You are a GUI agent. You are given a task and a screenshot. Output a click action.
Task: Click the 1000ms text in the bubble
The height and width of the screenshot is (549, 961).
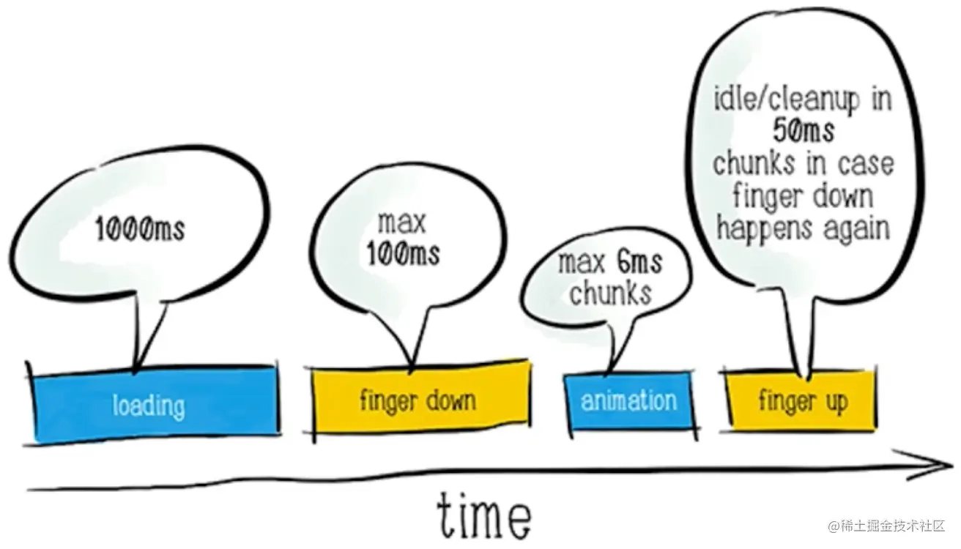click(x=140, y=229)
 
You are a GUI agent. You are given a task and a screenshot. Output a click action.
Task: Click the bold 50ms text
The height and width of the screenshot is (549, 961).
click(x=803, y=131)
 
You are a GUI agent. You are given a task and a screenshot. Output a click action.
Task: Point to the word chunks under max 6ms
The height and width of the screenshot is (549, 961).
click(x=610, y=293)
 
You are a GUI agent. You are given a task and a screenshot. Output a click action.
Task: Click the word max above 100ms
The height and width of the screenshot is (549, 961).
click(x=401, y=221)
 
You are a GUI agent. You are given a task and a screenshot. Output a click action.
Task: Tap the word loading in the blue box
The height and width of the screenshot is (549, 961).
click(x=149, y=405)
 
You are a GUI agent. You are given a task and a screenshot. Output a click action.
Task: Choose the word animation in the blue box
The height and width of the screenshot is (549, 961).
click(x=628, y=400)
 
